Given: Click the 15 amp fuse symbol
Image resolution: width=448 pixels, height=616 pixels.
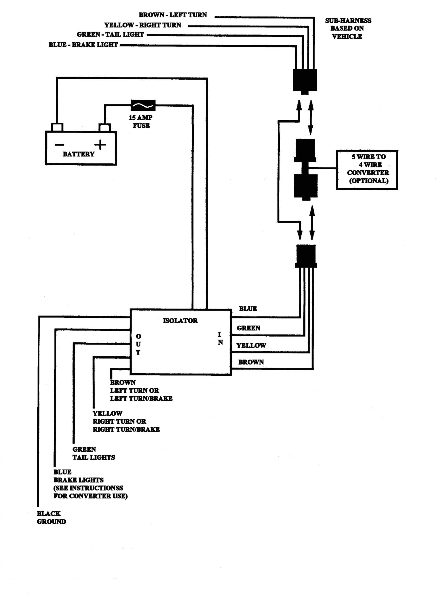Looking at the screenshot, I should click(x=143, y=105).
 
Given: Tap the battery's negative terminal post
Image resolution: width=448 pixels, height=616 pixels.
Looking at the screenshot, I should click(x=57, y=127).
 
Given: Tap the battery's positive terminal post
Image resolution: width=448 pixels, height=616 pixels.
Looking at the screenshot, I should click(x=104, y=127).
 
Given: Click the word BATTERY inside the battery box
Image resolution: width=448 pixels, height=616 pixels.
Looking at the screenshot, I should click(x=79, y=154).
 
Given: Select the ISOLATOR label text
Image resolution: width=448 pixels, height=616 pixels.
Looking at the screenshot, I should click(x=180, y=321).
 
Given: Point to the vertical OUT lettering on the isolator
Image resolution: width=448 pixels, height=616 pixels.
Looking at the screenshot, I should click(x=138, y=344).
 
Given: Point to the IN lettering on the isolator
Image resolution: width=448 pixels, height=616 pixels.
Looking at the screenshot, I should click(x=220, y=338).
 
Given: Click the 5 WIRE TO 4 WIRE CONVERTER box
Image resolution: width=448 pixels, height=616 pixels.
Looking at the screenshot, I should click(x=367, y=169).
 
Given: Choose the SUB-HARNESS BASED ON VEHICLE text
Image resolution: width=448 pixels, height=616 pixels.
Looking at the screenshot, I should click(x=348, y=29).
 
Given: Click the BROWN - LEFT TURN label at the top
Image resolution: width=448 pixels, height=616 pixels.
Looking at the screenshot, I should click(x=173, y=15).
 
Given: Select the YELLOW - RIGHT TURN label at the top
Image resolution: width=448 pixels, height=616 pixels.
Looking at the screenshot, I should click(x=142, y=25).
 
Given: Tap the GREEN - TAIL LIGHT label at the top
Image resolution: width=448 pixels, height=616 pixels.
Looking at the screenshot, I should click(x=110, y=34).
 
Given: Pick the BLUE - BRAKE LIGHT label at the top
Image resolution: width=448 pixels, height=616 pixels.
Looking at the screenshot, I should click(x=83, y=45).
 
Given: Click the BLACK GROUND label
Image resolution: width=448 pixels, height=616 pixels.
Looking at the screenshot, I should click(x=51, y=517).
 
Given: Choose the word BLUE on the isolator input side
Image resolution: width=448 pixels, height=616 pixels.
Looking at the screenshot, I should click(x=248, y=309).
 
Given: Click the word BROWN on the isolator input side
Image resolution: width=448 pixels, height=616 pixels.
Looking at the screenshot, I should click(x=251, y=362).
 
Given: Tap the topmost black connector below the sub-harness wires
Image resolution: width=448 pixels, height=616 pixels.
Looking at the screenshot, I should click(x=305, y=80).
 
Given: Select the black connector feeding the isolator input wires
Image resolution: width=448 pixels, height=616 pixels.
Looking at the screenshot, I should click(x=306, y=256).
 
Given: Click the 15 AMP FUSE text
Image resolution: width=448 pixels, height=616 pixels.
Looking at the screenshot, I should click(x=141, y=122).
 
